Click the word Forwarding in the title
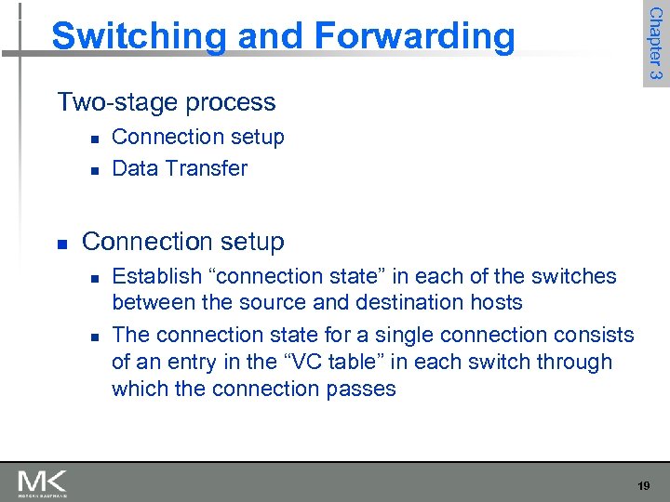click(415, 37)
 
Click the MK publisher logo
click(42, 482)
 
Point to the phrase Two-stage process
click(167, 102)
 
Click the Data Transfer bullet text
click(180, 168)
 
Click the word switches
click(580, 276)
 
